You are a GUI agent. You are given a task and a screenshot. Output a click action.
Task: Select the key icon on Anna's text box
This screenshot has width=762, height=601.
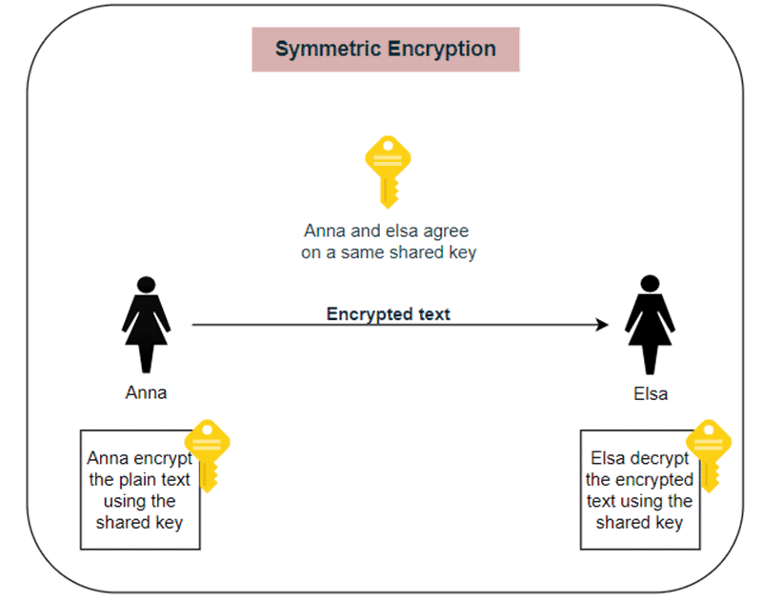[x=207, y=454]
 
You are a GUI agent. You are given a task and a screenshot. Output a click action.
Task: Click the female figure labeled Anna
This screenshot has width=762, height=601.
[x=146, y=325]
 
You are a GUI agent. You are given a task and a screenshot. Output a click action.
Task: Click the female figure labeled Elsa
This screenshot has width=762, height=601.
[x=649, y=325]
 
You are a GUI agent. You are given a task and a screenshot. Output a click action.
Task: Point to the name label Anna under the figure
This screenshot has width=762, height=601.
[x=146, y=392]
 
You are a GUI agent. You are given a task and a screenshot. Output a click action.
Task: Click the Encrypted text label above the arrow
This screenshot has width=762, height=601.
[x=388, y=313]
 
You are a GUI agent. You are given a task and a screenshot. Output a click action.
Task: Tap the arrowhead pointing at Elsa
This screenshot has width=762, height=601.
[x=602, y=325]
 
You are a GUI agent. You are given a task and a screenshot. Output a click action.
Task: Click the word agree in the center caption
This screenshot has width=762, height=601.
[x=447, y=231]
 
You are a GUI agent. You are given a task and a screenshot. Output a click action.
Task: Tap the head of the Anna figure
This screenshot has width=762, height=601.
[x=146, y=284]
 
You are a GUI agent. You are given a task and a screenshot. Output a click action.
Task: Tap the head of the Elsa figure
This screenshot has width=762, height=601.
[x=649, y=284]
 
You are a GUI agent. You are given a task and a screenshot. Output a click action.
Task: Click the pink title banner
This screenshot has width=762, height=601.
[x=386, y=50]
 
